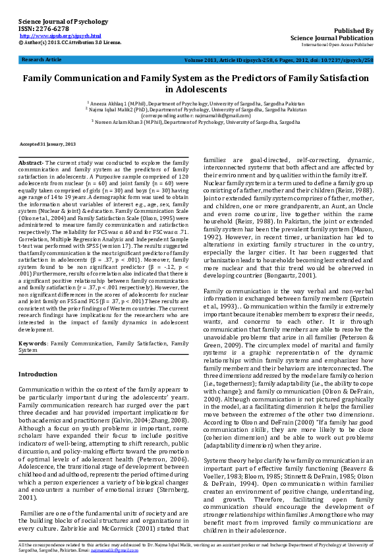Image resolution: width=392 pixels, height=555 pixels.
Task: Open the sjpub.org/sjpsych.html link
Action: tap(61, 36)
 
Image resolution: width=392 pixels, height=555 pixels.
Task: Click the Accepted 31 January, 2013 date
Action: tap(47, 143)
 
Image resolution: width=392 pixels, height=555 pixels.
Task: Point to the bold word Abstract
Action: tap(30, 162)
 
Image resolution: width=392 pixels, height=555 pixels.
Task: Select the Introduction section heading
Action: tap(38, 374)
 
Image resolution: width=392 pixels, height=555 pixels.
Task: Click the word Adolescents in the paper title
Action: tap(196, 89)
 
